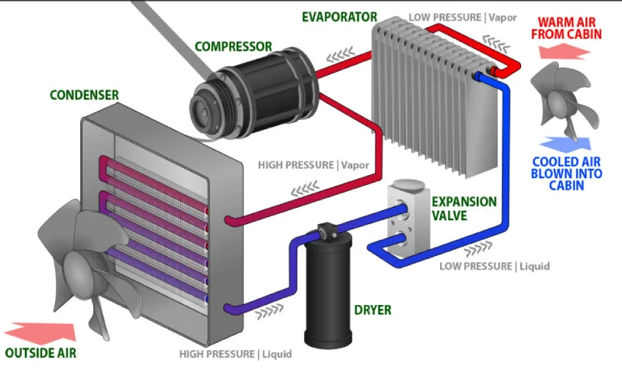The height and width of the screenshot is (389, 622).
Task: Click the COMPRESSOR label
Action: coord(233,46)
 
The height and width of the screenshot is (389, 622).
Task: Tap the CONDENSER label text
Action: coord(84,95)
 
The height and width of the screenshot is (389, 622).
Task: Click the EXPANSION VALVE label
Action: coord(463,208)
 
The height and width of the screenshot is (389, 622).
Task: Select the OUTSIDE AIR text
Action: coord(40,352)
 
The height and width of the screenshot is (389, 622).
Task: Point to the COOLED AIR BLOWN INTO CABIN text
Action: coord(566,173)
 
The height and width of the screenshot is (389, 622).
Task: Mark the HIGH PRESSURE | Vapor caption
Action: coord(313,165)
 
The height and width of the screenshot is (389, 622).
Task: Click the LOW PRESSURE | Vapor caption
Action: coord(463,17)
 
